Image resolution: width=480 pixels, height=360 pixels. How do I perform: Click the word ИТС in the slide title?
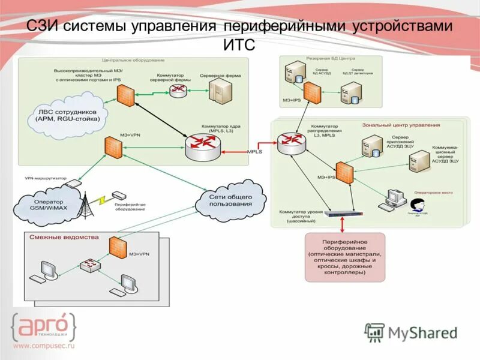[x=240, y=45]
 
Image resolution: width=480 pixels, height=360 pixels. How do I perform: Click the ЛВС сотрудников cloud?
[x=67, y=115]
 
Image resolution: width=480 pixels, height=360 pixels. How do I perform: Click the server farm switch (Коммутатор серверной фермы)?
[x=178, y=91]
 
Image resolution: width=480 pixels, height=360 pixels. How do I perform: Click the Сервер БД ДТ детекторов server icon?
[x=349, y=92]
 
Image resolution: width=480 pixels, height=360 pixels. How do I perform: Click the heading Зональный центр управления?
[x=401, y=125]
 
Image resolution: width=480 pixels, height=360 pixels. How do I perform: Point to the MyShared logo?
[x=412, y=332]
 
